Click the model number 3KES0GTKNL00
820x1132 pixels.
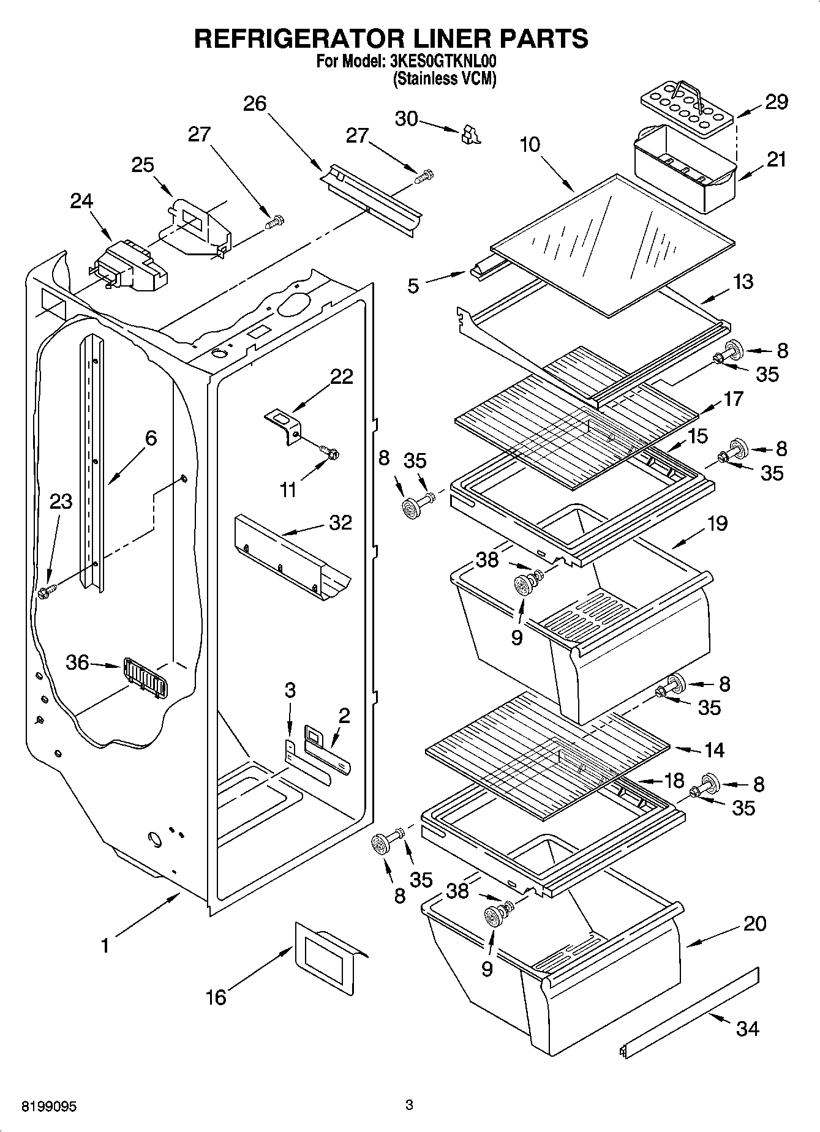pos(443,62)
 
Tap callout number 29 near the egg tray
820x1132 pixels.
pos(776,102)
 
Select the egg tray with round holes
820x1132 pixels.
pos(686,107)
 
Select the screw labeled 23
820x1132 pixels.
pos(47,591)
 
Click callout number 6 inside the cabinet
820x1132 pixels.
pos(151,438)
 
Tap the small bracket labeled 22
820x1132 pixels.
pos(284,425)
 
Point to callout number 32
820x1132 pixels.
pos(340,522)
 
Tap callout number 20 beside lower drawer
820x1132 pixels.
pos(754,923)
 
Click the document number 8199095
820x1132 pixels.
pos(49,1106)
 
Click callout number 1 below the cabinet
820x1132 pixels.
pos(105,946)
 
